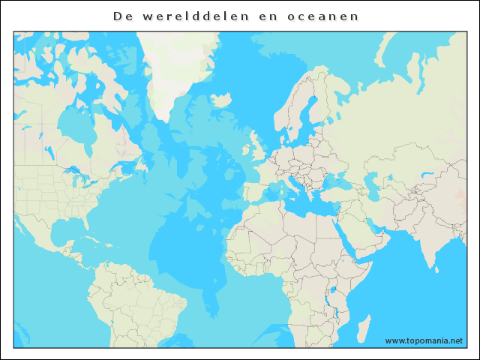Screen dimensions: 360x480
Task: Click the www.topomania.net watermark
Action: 424,340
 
